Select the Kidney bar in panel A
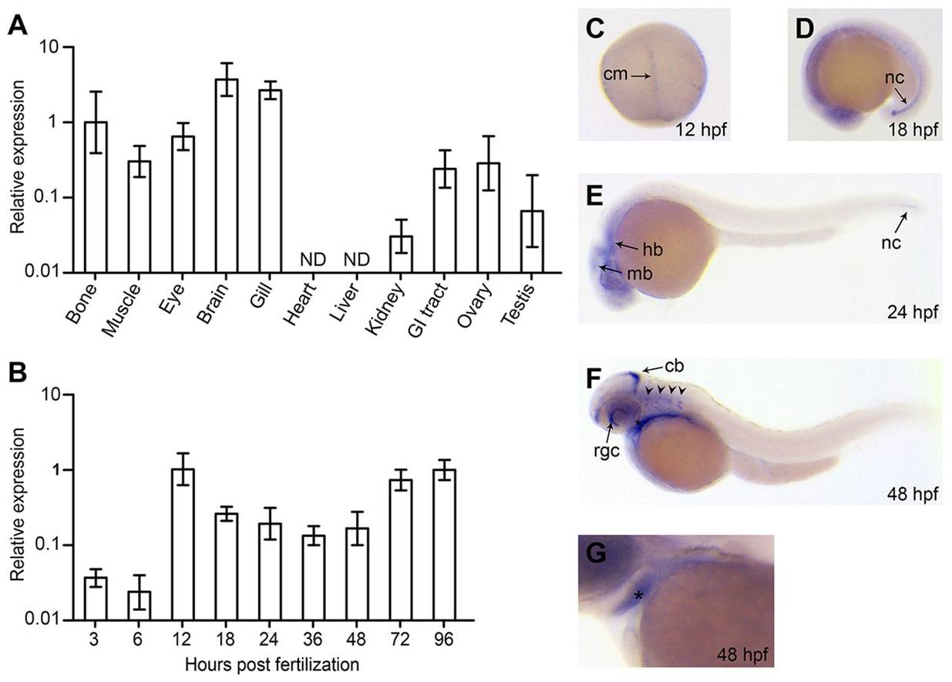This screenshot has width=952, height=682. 401,254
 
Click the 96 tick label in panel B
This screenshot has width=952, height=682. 444,641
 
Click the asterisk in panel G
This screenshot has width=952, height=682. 637,596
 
